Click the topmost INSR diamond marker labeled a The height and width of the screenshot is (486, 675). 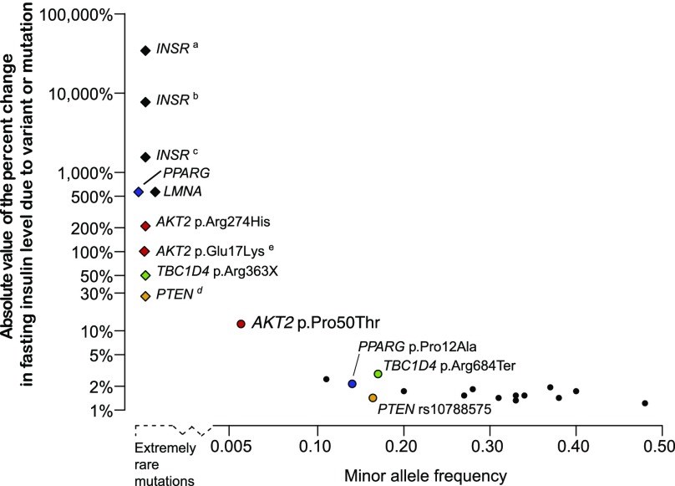[145, 50]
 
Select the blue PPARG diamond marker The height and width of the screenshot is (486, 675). [139, 192]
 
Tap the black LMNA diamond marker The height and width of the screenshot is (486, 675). [155, 192]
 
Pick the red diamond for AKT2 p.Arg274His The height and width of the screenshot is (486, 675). [145, 226]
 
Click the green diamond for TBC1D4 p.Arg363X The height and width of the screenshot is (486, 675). [145, 274]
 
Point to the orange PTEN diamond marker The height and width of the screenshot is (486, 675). [145, 296]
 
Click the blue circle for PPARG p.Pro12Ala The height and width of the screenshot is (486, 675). [353, 383]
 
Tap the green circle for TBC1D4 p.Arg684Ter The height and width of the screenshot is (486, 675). [378, 374]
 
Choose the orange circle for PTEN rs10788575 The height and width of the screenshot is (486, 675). [373, 398]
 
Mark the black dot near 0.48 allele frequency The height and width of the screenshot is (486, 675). [645, 403]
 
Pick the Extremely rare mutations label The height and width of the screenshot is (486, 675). [167, 464]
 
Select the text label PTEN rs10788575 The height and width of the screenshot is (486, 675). [434, 409]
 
